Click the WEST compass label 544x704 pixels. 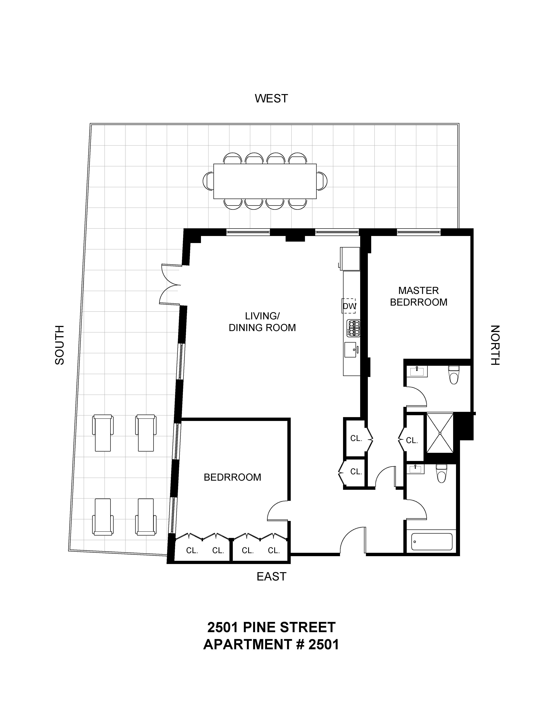(x=271, y=98)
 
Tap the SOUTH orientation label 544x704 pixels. (x=60, y=345)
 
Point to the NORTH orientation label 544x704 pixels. (x=495, y=345)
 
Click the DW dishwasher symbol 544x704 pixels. (x=349, y=306)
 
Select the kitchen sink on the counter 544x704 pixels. (x=351, y=350)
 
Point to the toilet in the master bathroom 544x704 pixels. (x=454, y=375)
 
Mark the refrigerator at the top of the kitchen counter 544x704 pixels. (x=350, y=259)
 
